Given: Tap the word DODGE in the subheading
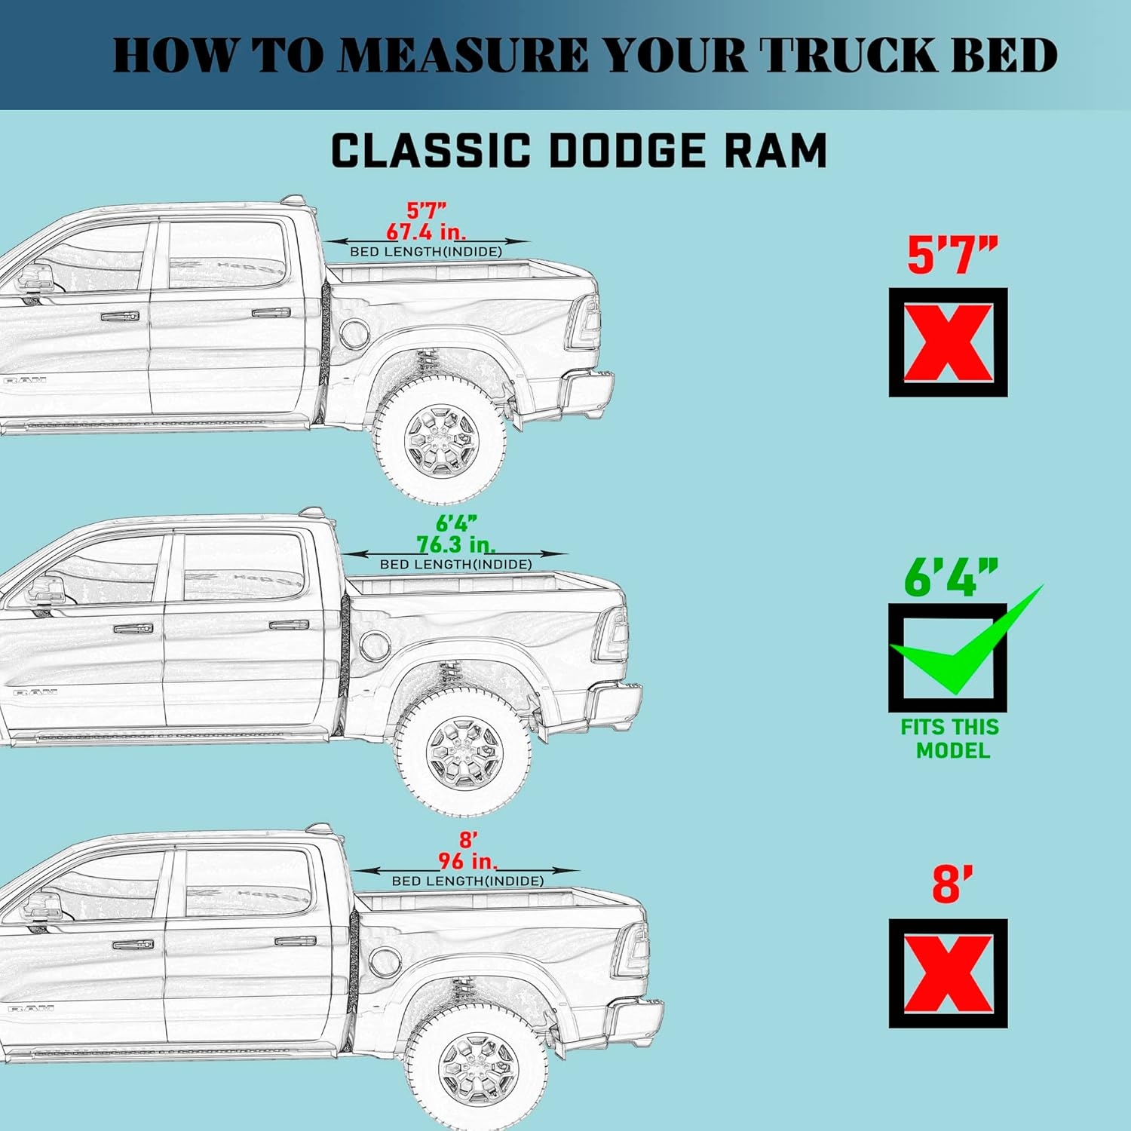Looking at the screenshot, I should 627,150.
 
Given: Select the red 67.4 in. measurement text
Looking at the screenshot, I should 426,231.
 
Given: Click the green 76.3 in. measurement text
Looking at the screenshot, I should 456,544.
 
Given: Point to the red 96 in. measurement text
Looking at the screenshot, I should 468,860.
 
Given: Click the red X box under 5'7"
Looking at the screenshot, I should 948,342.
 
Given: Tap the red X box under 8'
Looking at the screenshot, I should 948,973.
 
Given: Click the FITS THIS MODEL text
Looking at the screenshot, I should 950,738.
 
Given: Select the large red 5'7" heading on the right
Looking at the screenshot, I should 952,255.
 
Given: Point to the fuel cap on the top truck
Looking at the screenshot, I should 354,332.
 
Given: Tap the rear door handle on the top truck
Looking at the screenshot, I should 271,312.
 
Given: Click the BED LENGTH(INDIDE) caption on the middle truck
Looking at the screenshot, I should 455,564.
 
